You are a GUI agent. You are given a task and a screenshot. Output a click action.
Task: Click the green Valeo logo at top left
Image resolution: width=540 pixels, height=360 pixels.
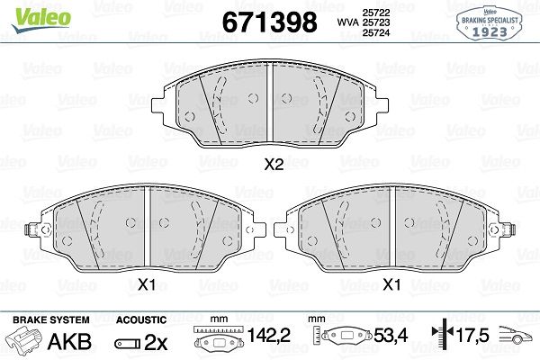tap(41, 20)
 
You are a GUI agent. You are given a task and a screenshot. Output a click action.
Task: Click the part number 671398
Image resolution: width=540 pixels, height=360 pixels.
tap(269, 22)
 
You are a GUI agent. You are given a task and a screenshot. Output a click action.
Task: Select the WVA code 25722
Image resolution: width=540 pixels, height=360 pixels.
tap(375, 13)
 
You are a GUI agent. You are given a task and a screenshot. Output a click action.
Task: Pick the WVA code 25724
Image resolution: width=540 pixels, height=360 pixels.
tap(375, 32)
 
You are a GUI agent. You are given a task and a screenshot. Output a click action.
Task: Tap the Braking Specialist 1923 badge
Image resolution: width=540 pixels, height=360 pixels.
tap(490, 23)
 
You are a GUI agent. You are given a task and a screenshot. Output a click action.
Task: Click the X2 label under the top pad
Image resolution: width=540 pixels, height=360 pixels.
tap(274, 165)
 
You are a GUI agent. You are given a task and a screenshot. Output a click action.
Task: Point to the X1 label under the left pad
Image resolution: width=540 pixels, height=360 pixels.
tap(147, 285)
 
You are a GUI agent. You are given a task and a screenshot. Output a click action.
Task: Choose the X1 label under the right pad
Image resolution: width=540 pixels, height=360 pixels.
tap(392, 285)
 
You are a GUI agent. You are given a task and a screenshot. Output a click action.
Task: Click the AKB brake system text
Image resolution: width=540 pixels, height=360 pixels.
tap(70, 341)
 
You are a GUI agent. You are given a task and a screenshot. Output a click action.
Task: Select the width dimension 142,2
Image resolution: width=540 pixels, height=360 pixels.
tap(269, 335)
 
